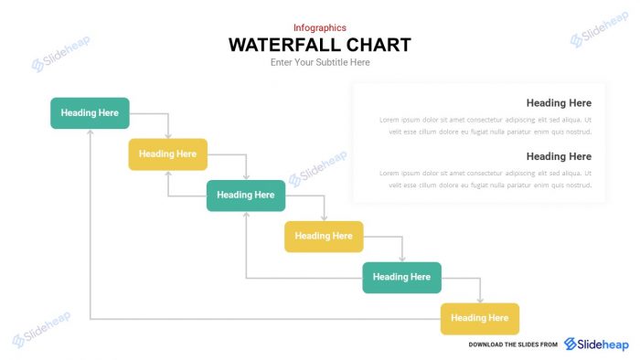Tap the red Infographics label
coord(320,27)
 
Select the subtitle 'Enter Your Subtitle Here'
coord(320,63)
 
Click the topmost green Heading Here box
coord(90,112)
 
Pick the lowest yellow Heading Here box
coord(480,318)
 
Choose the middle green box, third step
coord(246,195)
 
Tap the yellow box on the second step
coord(167,154)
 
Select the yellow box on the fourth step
coord(324,236)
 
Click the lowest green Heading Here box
coord(402,277)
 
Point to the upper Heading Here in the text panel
coord(559,103)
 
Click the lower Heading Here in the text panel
coord(559,156)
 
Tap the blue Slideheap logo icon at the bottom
coord(571,344)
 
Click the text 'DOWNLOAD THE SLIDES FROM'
coord(513,344)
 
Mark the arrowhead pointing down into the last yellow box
coord(480,299)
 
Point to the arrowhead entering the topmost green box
coord(90,132)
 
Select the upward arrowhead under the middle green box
coord(246,215)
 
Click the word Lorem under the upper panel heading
coord(390,120)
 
